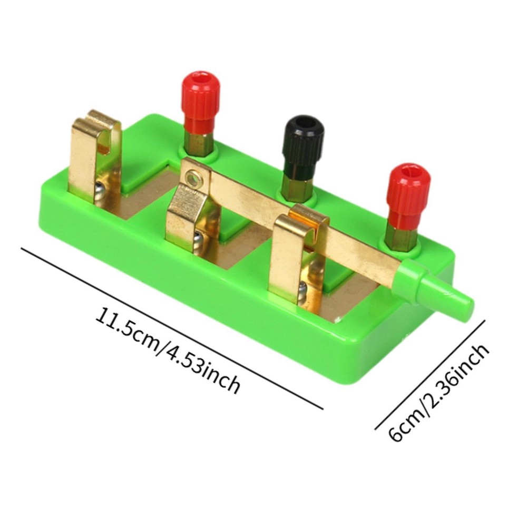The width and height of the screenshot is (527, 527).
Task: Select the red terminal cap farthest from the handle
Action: coord(200,98)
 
